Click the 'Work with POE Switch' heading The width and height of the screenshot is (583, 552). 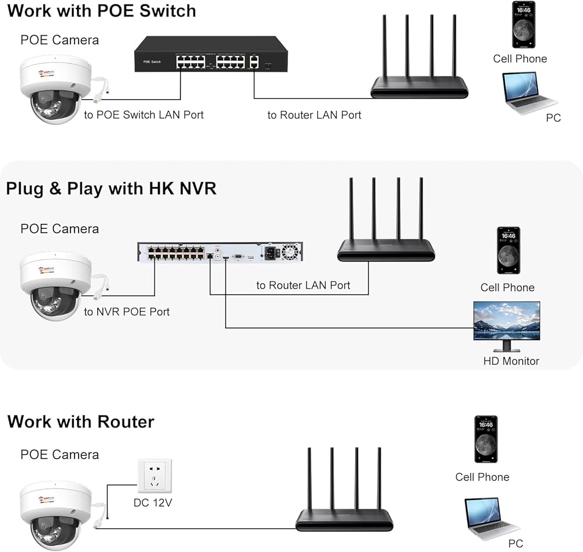102,11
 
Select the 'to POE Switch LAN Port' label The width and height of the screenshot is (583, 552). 144,115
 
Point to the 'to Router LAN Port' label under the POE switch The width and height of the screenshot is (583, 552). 314,115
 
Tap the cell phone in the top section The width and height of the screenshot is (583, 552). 524,25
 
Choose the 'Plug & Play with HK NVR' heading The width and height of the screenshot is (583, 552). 111,188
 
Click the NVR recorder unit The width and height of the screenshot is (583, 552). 221,253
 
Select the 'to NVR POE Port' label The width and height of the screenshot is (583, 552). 127,312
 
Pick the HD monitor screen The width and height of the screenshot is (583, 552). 506,321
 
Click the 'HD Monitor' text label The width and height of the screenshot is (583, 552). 511,361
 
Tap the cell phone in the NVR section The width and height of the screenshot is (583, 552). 508,250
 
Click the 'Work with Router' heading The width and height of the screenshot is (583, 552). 81,421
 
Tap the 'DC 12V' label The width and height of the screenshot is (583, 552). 153,502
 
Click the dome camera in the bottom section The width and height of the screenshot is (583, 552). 55,513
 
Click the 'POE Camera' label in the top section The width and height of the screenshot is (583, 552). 59,40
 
